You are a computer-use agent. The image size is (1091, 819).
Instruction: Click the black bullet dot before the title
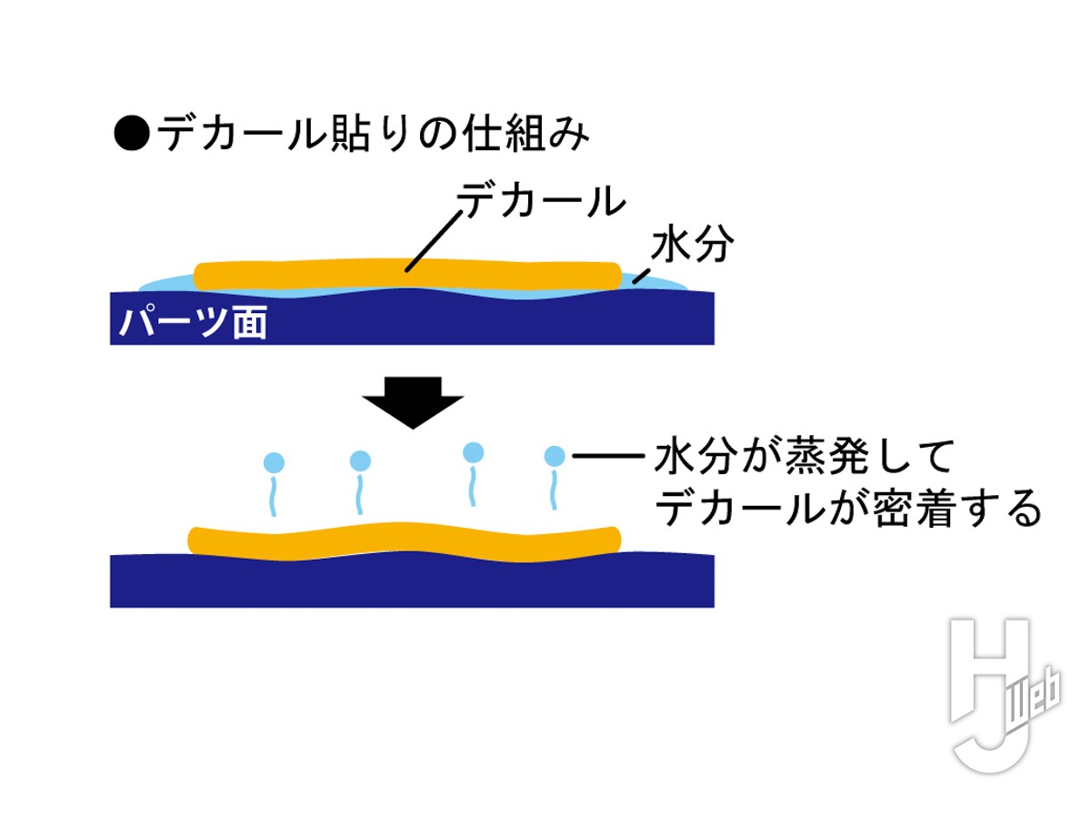point(130,136)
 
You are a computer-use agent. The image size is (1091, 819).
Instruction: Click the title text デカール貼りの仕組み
point(373,135)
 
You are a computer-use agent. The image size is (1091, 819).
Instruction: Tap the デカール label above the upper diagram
point(542,199)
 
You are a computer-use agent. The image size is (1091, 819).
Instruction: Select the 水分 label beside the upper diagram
point(693,246)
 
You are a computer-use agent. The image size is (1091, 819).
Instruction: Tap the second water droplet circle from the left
point(361,460)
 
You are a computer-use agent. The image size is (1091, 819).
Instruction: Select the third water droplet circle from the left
point(473,451)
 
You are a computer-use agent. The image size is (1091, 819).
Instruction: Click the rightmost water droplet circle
point(554,455)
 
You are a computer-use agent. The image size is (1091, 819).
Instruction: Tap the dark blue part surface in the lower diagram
point(409,582)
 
